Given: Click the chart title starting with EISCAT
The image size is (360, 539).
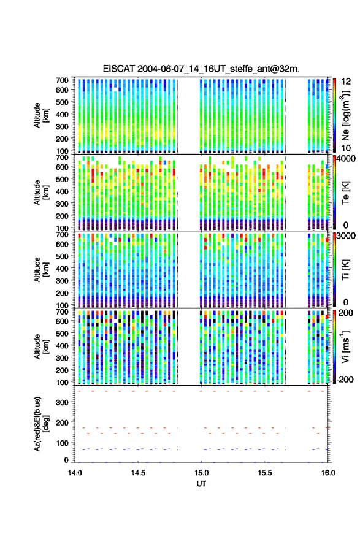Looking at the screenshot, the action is [201, 69].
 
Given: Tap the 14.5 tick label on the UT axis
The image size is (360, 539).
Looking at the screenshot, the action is [138, 473].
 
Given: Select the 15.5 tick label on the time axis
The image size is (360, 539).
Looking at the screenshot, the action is [264, 473].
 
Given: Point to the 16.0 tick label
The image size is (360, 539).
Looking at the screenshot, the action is [328, 473].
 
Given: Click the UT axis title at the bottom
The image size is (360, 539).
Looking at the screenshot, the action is [201, 484].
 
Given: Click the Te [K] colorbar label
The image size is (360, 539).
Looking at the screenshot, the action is [345, 193].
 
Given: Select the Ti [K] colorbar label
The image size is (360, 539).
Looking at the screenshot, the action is [345, 270].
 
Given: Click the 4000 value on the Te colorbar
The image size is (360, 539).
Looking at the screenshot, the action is [346, 159].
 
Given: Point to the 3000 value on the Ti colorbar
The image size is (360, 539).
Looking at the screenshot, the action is [346, 236].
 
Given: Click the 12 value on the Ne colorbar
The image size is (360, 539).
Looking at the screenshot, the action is [346, 82].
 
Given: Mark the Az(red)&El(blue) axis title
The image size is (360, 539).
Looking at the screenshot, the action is [41, 424].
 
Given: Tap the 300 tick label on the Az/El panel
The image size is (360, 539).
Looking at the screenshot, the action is [62, 402].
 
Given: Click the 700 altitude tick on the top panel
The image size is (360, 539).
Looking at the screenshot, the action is [62, 80].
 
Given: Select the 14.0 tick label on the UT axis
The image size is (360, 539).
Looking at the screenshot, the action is [75, 473].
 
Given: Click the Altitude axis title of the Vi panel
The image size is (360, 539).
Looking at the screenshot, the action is [41, 346].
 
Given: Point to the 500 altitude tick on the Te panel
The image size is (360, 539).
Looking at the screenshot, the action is [62, 179].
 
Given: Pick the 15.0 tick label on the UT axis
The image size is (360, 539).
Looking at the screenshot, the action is [201, 473].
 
